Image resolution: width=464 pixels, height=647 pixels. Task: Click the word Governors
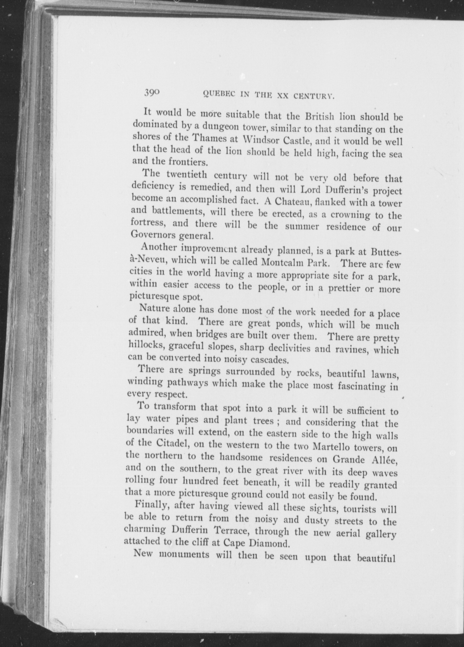[149, 235]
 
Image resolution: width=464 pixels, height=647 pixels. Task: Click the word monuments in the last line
[184, 554]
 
